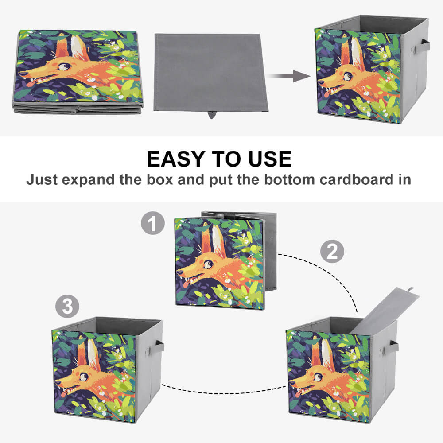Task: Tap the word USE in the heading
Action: [270, 159]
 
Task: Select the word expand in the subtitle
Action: [88, 180]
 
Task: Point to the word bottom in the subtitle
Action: [289, 180]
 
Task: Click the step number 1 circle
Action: [153, 223]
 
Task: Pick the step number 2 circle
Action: [332, 251]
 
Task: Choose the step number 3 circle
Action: [67, 306]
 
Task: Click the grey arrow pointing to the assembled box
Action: [288, 76]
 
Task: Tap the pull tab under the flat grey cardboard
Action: [211, 115]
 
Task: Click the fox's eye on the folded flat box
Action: [64, 67]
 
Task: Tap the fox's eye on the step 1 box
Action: [208, 265]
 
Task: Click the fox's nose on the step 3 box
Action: [58, 382]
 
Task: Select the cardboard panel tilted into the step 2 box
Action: [384, 311]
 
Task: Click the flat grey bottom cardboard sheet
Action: [210, 73]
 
